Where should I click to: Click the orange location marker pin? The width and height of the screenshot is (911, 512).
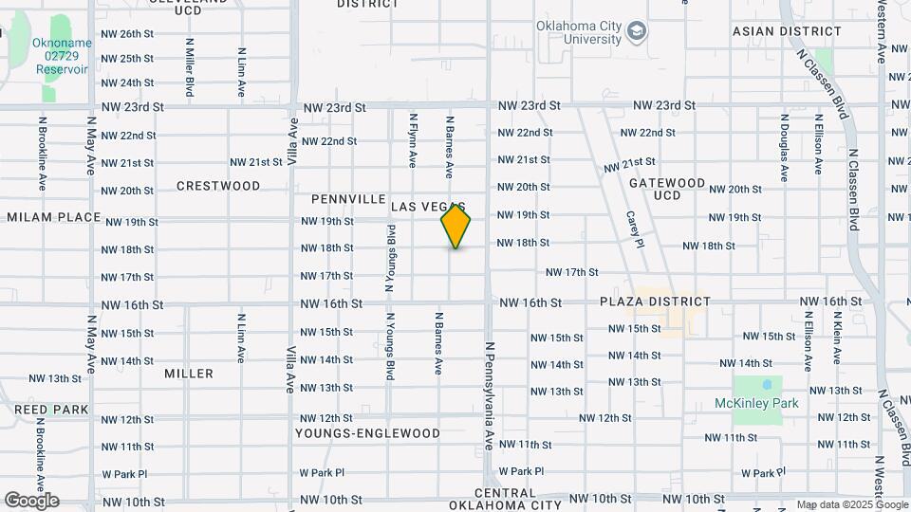(x=455, y=226)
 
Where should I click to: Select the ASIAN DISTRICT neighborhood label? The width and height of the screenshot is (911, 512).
(x=774, y=31)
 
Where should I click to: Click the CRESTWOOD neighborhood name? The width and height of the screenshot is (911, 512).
(x=218, y=186)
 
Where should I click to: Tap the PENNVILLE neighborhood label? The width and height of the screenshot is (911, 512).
(x=345, y=200)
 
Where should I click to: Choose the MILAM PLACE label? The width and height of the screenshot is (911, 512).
(x=53, y=217)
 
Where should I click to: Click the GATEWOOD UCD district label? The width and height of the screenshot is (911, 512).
(x=666, y=189)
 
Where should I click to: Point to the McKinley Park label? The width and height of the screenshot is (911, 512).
(x=756, y=403)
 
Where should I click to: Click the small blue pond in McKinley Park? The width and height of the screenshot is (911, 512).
(x=766, y=386)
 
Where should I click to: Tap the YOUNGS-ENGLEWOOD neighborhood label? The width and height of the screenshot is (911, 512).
(x=367, y=433)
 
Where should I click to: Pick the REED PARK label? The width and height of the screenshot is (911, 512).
(x=51, y=410)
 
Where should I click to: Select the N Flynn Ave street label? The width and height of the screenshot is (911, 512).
(x=413, y=140)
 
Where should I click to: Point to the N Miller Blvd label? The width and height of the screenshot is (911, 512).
(x=190, y=66)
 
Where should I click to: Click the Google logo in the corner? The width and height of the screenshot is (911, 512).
(x=31, y=500)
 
